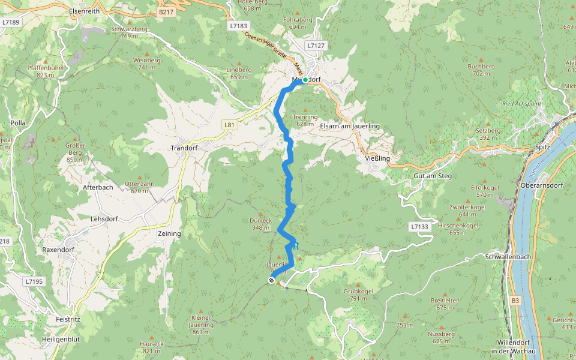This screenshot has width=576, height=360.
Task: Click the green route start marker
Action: (305, 80)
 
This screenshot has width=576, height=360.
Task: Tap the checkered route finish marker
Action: (271, 280)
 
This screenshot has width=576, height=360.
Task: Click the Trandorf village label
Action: (184, 148)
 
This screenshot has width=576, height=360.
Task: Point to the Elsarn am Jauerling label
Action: (350, 127)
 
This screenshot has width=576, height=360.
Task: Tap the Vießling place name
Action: (377, 158)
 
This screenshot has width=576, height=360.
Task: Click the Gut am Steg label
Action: (433, 176)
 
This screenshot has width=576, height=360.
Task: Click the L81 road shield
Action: (229, 125)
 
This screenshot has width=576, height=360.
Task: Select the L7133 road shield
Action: (421, 227)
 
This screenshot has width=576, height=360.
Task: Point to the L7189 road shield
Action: (11, 23)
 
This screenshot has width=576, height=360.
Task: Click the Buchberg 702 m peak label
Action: (481, 70)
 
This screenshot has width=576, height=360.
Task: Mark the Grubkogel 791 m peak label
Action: (359, 295)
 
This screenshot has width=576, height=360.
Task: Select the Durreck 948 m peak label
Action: (260, 224)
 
